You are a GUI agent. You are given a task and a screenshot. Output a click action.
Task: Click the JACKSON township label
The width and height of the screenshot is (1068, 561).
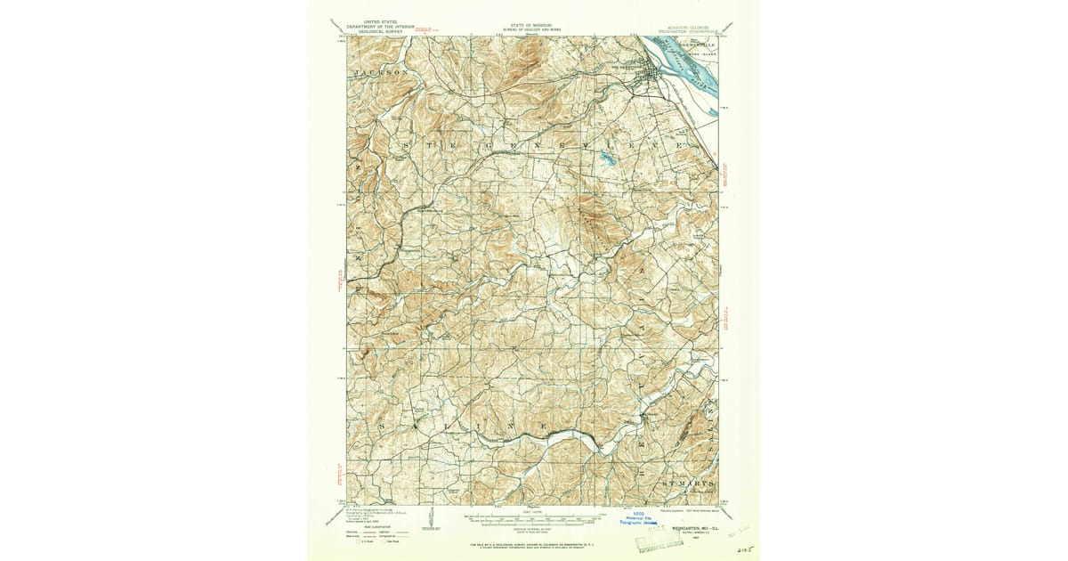381,71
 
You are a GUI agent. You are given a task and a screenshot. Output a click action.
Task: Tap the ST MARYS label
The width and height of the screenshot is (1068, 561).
687,482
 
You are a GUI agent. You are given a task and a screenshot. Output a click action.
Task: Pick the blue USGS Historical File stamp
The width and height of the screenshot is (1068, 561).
643,519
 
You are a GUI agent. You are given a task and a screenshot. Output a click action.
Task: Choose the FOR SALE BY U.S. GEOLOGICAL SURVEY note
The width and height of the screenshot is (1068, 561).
532,542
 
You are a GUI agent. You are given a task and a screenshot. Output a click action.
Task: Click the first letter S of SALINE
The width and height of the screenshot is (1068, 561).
384,428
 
